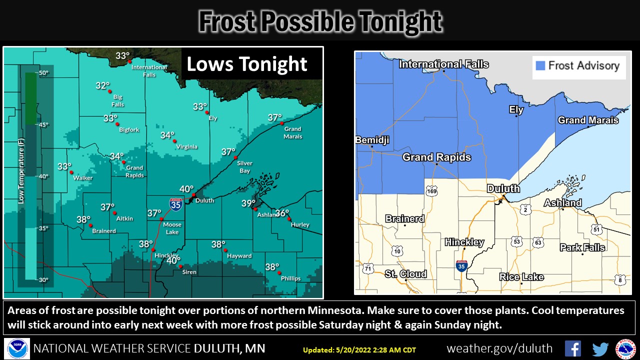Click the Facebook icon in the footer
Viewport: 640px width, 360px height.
572,348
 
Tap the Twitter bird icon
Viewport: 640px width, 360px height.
600,348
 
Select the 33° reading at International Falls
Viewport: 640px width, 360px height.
123,55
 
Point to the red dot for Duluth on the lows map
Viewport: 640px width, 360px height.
193,194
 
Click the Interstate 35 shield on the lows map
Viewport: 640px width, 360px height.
175,203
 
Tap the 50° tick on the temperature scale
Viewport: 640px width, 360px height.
43,73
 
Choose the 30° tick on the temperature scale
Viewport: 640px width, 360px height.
43,279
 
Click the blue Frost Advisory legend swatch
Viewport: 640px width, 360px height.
539,65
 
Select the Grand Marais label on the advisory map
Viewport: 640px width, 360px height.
588,120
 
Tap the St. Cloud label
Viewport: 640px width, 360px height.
405,273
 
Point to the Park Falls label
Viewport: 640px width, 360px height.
582,247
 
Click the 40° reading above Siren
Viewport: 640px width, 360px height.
173,260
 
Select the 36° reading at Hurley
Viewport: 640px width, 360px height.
282,213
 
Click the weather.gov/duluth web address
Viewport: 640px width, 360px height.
499,348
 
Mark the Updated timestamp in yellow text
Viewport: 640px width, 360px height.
359,350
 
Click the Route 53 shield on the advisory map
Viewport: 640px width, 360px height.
516,241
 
